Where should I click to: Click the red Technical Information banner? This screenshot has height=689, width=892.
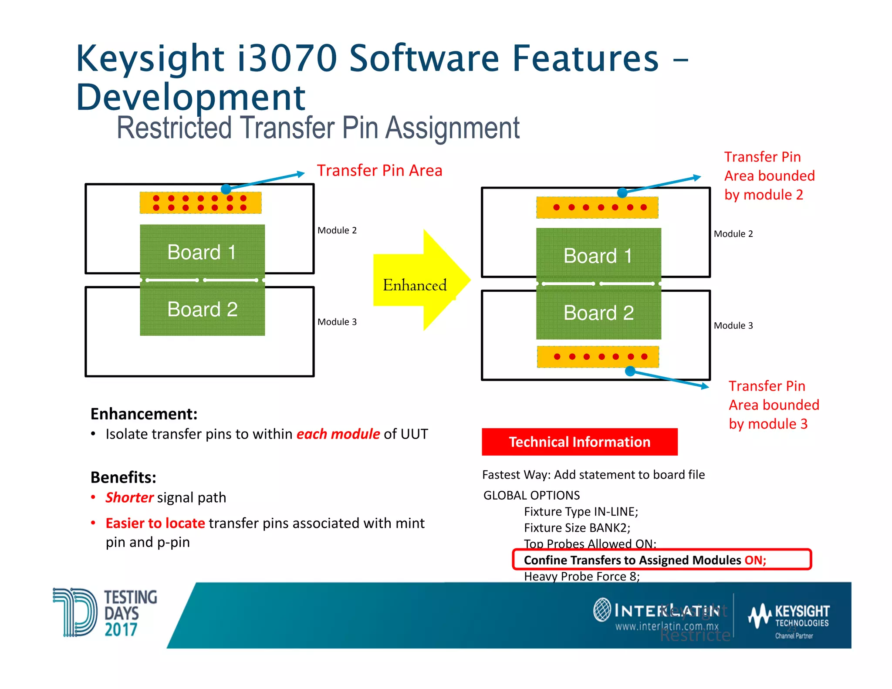tap(579, 442)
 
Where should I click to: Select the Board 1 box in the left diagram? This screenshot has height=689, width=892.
tap(202, 251)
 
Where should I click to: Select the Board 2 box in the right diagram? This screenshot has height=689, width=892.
tap(598, 313)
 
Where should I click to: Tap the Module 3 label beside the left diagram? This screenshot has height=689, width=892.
tap(337, 322)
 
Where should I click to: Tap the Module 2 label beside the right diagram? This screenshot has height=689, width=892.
tap(733, 234)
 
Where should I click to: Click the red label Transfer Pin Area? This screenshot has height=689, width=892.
tap(379, 170)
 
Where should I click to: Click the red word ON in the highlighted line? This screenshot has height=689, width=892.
tap(755, 560)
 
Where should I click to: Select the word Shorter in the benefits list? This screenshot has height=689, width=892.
tap(129, 497)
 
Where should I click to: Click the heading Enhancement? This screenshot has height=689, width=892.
tap(144, 414)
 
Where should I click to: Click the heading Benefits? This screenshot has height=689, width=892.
tap(123, 477)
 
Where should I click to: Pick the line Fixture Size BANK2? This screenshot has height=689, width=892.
tap(577, 528)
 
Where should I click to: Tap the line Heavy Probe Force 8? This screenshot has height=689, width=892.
tap(581, 577)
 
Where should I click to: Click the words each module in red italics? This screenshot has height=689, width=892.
tap(338, 434)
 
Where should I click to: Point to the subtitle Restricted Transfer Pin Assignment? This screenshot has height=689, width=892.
tap(318, 128)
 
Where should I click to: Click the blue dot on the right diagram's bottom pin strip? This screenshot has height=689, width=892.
tap(630, 371)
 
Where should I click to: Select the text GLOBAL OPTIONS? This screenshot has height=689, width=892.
tap(531, 495)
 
